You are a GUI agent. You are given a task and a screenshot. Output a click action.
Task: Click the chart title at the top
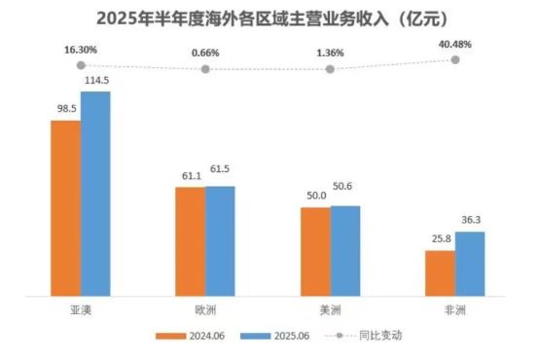pos(267,18)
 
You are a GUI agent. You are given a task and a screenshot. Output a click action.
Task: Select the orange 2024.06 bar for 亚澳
pos(65,205)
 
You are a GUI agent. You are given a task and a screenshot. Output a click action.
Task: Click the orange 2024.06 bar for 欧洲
pos(190,238)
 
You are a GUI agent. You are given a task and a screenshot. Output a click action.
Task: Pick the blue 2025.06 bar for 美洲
pos(345,248)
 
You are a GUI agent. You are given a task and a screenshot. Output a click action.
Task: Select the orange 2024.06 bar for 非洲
pos(440,270)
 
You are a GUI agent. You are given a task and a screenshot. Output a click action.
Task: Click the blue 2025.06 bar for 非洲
pos(470,261)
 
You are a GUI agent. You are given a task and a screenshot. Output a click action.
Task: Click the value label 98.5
pos(64,109)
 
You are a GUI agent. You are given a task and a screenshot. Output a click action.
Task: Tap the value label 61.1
pos(188,175)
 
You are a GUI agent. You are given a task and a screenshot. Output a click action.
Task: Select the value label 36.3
pos(471,221)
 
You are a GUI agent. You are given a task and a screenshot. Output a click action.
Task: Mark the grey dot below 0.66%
pos(205,70)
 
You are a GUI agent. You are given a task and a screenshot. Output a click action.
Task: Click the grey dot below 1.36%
pos(330,69)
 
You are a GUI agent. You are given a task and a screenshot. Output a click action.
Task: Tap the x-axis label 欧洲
pos(205,308)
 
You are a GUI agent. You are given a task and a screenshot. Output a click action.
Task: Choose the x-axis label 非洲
pos(454,308)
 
